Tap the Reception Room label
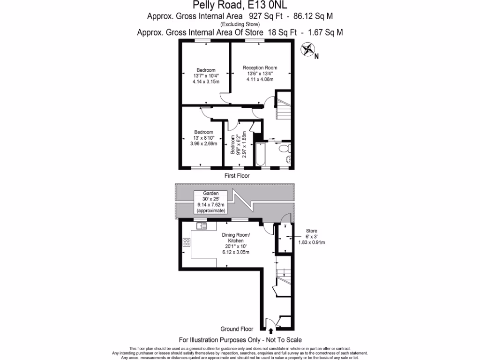click(x=259, y=68)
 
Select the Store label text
click(x=312, y=231)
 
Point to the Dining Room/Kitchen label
click(x=235, y=237)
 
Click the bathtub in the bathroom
click(x=260, y=155)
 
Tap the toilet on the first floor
click(x=284, y=149)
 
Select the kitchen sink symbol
click(x=202, y=226)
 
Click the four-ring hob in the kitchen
click(x=187, y=242)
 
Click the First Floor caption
click(x=237, y=176)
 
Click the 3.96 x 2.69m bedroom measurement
click(x=203, y=143)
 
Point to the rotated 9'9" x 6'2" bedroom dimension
click(x=238, y=146)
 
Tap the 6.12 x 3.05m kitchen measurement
click(x=235, y=252)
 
